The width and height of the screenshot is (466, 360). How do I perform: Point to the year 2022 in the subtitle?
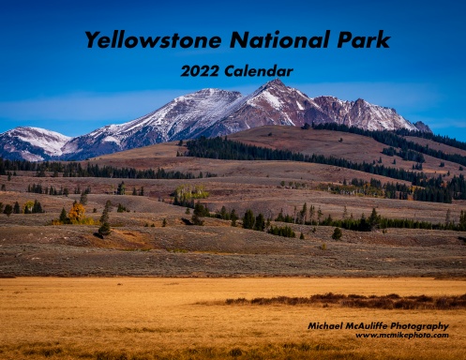[x=200, y=71]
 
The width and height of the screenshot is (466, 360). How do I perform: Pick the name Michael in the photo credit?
[x=327, y=326]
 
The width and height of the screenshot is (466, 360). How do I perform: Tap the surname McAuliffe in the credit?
[x=370, y=326]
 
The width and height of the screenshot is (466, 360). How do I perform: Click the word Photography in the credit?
[x=422, y=326]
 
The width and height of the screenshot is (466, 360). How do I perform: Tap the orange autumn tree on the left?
[x=77, y=212]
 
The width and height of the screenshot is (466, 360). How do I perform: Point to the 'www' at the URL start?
[x=365, y=336]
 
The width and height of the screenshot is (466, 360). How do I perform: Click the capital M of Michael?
[x=312, y=326]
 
